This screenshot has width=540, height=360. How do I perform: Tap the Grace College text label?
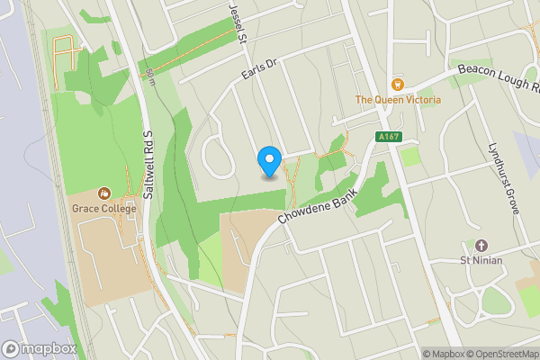pos(104,209)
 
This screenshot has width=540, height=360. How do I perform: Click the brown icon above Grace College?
pos(104,193)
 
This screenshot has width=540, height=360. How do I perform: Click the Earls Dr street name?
pos(256,71)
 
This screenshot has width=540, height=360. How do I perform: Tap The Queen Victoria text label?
pos(398,100)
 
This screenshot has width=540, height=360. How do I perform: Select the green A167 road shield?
pos(387,137)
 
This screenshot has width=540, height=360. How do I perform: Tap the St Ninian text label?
pos(481,261)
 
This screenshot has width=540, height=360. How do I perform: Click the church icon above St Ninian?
pos(481,245)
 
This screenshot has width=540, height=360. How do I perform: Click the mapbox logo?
pos(40,349)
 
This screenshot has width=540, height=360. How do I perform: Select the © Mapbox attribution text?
pos(444,354)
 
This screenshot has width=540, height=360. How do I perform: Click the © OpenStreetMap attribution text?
pos(502,354)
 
